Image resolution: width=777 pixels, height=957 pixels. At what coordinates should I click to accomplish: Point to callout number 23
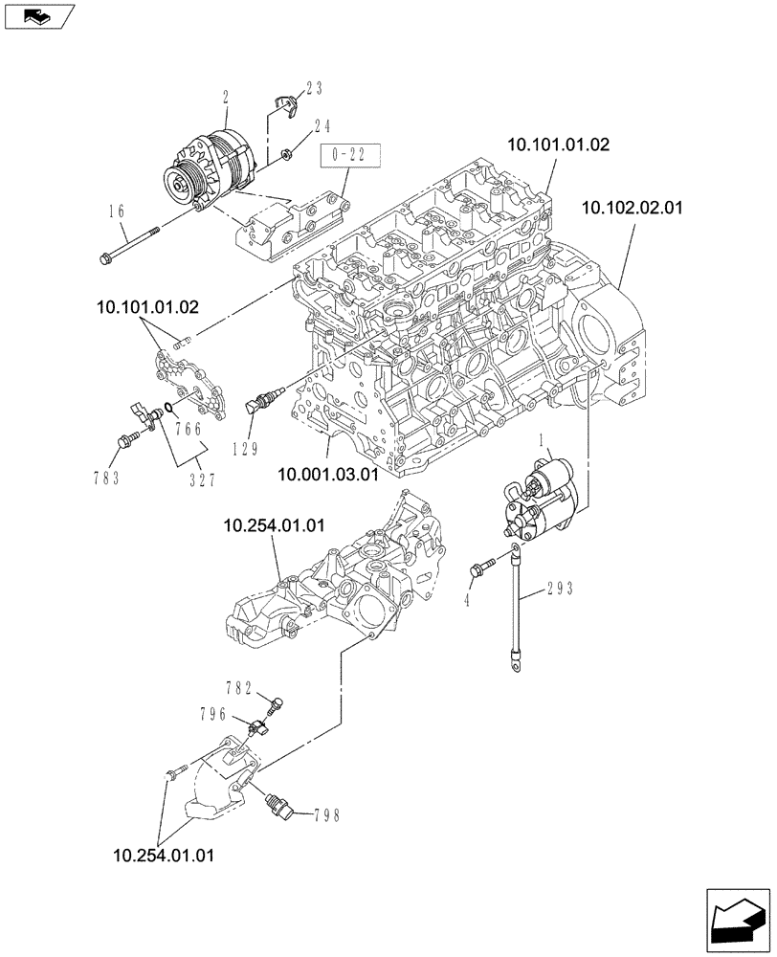coord(315,88)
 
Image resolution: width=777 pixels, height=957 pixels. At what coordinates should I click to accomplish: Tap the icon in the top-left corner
coord(38,15)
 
